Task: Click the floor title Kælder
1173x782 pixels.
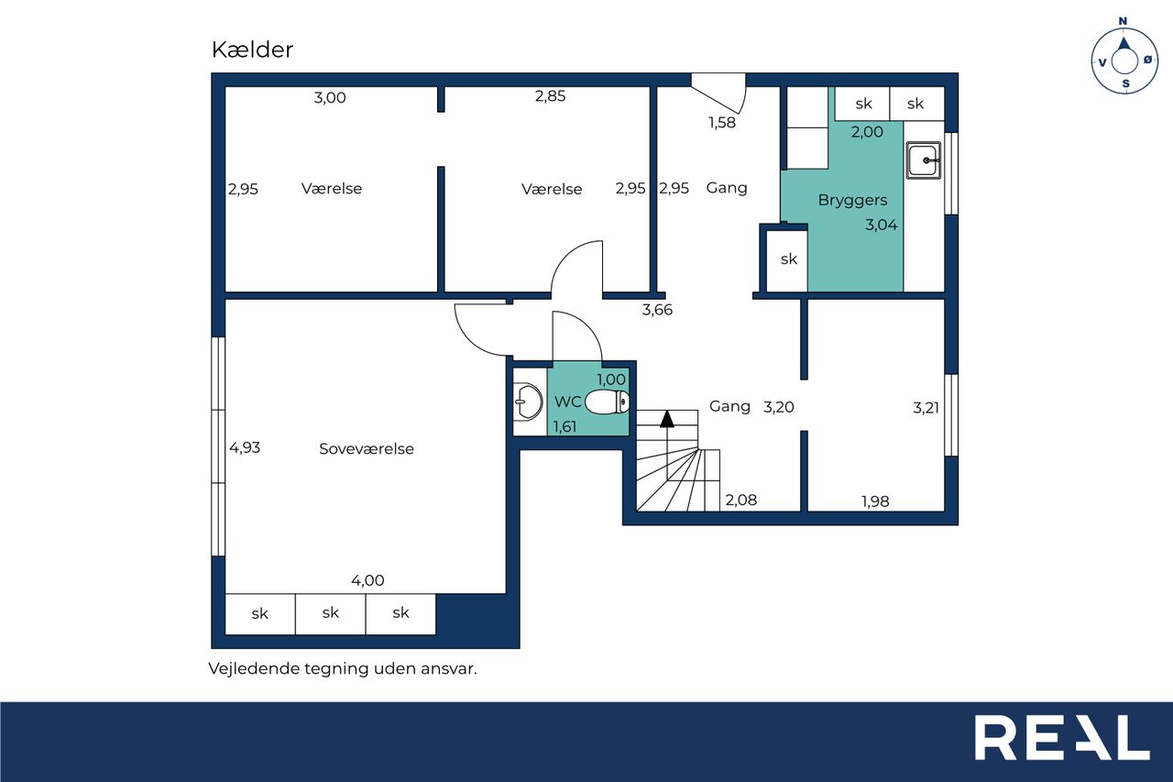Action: [252, 50]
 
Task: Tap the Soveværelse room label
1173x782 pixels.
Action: [367, 449]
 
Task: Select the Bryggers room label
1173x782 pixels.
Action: [852, 200]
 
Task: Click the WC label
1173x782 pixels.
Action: [567, 402]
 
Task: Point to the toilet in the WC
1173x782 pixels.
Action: [607, 402]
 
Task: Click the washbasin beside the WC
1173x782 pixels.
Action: [527, 402]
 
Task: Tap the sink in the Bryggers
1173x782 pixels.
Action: [924, 160]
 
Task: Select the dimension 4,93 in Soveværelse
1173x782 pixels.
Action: [245, 447]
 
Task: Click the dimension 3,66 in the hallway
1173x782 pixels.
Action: [657, 310]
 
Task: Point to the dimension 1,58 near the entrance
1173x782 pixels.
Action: [722, 123]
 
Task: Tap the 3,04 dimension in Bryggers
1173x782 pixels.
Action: [882, 226]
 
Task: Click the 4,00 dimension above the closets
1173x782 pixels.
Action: [367, 580]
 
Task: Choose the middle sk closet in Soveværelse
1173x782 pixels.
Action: [331, 614]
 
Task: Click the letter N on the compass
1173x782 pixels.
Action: [1123, 21]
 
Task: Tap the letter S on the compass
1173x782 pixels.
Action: [1126, 83]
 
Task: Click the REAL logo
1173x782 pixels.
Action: [1062, 737]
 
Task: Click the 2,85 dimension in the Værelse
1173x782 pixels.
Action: [551, 96]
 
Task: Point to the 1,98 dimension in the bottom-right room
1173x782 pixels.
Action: [875, 501]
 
